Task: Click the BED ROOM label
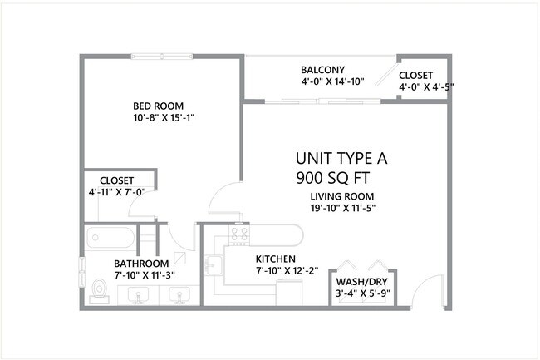(159, 106)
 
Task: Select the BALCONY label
(323, 70)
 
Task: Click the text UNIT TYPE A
(342, 158)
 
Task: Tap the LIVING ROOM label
(343, 196)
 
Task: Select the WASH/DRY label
(362, 281)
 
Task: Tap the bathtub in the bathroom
(110, 239)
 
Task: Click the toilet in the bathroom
(100, 288)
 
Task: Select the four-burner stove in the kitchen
(239, 236)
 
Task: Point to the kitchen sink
(213, 264)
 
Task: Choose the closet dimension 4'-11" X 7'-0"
(122, 192)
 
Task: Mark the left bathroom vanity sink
(139, 293)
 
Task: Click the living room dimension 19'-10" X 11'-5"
(343, 209)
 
